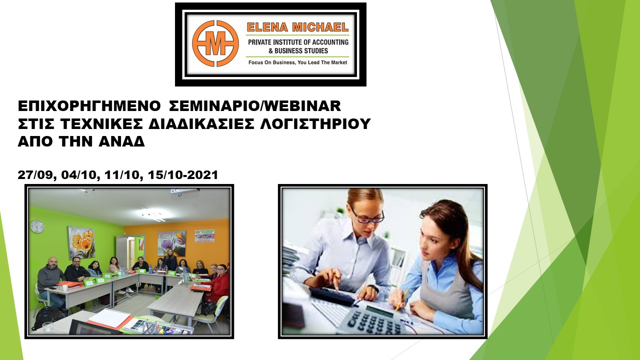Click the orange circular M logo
point(215,43)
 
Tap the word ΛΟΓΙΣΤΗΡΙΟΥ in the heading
point(315,123)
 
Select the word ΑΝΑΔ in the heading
point(121,141)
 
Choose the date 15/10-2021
point(183,175)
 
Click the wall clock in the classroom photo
point(37,226)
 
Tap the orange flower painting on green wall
point(81,243)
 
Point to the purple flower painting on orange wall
point(171,243)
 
